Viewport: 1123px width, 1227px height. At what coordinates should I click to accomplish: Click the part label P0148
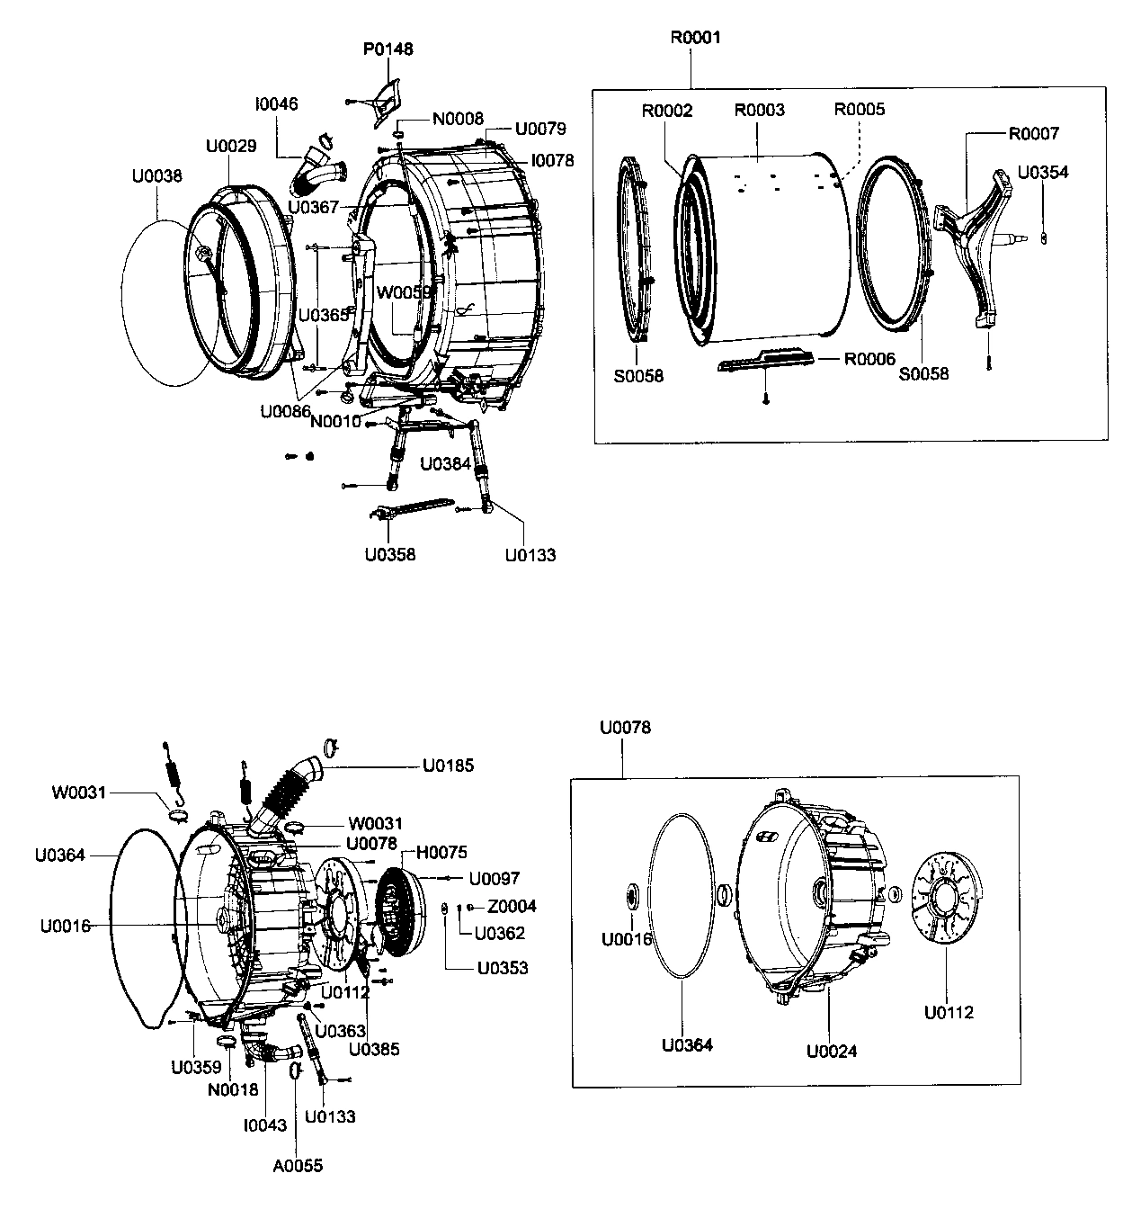point(388,49)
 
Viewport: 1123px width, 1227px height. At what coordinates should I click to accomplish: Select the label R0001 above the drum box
point(695,38)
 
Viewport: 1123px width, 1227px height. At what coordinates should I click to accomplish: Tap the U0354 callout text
point(1043,172)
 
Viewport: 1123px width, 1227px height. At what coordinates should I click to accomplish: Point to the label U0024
point(832,1050)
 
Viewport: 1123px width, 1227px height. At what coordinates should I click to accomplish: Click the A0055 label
point(298,1166)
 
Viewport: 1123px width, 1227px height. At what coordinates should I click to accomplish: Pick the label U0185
point(448,766)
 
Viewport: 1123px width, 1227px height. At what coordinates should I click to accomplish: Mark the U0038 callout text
point(156,175)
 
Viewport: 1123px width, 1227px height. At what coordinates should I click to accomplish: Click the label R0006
point(869,359)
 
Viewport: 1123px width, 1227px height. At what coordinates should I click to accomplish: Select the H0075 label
point(441,852)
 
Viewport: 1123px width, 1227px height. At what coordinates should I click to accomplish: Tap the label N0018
point(233,1089)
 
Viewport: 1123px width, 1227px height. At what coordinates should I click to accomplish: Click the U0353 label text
point(503,968)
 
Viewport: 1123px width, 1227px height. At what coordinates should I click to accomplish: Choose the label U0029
point(231,146)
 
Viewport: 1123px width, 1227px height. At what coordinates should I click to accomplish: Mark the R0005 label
point(860,109)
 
